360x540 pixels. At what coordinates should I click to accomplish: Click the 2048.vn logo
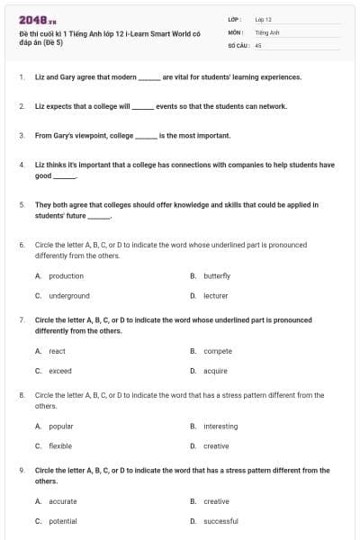point(32,19)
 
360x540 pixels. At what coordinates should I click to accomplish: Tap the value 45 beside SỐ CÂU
point(258,44)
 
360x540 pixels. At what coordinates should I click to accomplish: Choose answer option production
point(66,275)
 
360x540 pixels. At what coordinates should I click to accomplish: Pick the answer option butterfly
point(217,275)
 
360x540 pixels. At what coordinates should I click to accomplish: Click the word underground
point(69,295)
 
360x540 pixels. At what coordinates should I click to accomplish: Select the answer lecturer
point(216,295)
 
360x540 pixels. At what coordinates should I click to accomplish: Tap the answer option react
point(57,351)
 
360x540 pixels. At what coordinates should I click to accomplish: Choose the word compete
point(218,351)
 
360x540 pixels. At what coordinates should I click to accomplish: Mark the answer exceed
point(60,371)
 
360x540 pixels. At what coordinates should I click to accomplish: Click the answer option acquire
point(216,371)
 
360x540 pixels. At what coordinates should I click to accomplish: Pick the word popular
point(61,426)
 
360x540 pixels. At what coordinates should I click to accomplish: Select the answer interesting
point(220,426)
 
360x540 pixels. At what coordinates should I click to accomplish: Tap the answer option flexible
point(60,445)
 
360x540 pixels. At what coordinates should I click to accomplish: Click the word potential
point(63,521)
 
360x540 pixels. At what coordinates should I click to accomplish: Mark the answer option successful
point(220,521)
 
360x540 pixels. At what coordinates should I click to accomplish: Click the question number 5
point(22,204)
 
